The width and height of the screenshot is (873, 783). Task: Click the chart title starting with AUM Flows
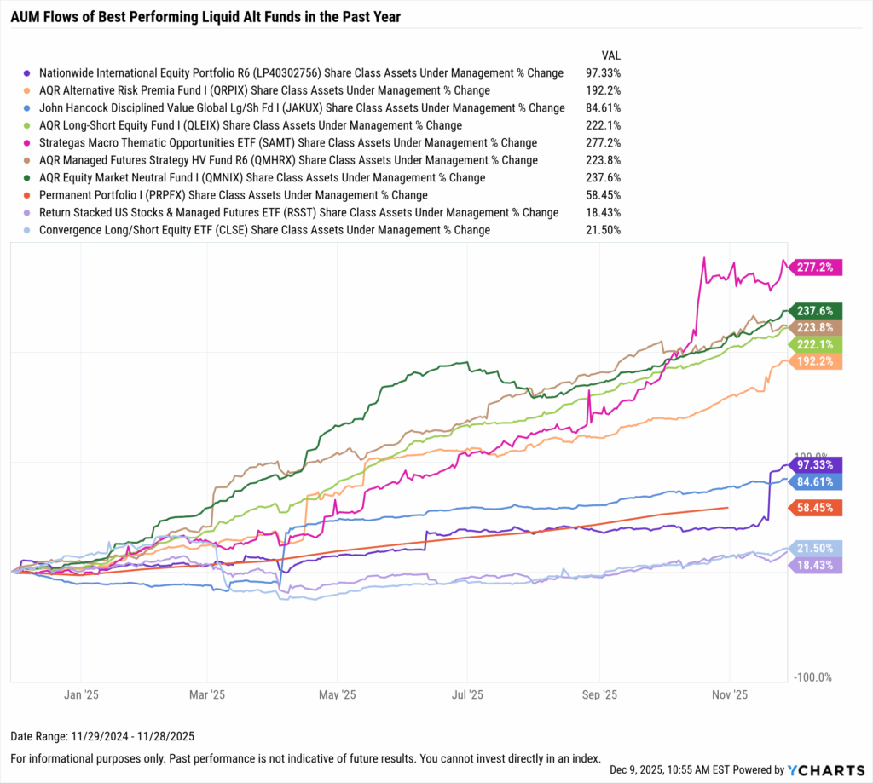(205, 16)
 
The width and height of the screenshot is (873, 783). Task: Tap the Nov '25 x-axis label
(730, 694)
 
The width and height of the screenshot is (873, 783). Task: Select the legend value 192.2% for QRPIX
(604, 90)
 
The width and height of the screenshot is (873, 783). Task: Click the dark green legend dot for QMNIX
(28, 178)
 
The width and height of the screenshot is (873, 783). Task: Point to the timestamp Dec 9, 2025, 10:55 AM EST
(681, 769)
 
